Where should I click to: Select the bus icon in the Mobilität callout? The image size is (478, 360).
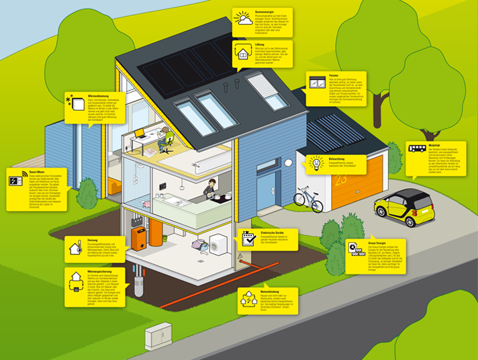(416, 150)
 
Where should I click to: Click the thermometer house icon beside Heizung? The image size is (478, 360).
(74, 248)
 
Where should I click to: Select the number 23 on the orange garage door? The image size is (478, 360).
(342, 181)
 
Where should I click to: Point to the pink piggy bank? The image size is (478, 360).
(145, 204)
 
